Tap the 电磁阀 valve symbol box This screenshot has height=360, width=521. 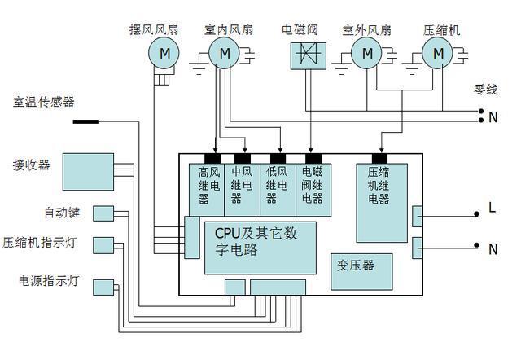click(x=303, y=55)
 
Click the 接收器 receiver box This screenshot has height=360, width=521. click(x=89, y=172)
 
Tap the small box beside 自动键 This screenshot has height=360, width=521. click(x=103, y=213)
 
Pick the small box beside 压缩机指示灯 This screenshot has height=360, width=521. click(x=103, y=244)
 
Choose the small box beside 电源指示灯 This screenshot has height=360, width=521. click(x=103, y=287)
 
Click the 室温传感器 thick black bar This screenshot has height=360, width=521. click(x=85, y=122)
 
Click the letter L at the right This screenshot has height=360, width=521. click(x=493, y=209)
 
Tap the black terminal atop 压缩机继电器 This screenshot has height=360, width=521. click(x=379, y=158)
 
